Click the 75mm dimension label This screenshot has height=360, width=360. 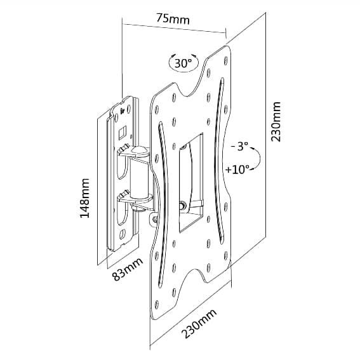(173, 19)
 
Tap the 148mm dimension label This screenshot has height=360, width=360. (84, 198)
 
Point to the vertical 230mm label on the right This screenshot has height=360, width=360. (276, 121)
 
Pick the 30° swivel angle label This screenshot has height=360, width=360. (183, 63)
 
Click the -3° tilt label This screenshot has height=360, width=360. (240, 146)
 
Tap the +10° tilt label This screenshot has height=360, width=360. (237, 170)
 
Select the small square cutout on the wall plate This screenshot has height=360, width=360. (122, 133)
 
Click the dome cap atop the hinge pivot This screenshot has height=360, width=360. (139, 150)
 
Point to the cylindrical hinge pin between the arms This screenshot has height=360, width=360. (139, 178)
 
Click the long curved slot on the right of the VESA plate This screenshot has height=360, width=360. (219, 161)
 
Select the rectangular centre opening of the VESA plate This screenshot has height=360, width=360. (190, 183)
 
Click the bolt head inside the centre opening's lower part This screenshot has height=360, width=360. (183, 204)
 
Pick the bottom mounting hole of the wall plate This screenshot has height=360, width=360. (122, 234)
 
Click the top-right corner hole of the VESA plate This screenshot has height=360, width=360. (225, 60)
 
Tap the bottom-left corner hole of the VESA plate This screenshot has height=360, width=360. (157, 304)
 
